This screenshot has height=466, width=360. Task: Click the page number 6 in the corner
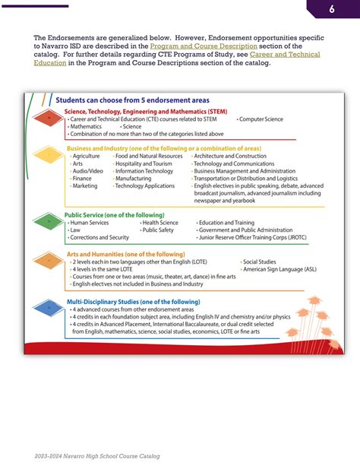point(332,9)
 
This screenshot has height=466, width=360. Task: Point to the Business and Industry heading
point(164,148)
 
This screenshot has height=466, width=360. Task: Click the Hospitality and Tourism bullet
point(144,163)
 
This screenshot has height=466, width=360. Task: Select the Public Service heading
point(114,215)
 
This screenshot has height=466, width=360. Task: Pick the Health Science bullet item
point(160,223)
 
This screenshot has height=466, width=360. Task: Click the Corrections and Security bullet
point(99,237)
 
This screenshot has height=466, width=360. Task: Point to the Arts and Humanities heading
point(125,254)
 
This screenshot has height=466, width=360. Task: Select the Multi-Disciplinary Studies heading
point(133,302)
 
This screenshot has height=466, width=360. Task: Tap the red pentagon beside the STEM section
point(49,119)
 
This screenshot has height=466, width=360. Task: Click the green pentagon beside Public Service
point(49,224)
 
